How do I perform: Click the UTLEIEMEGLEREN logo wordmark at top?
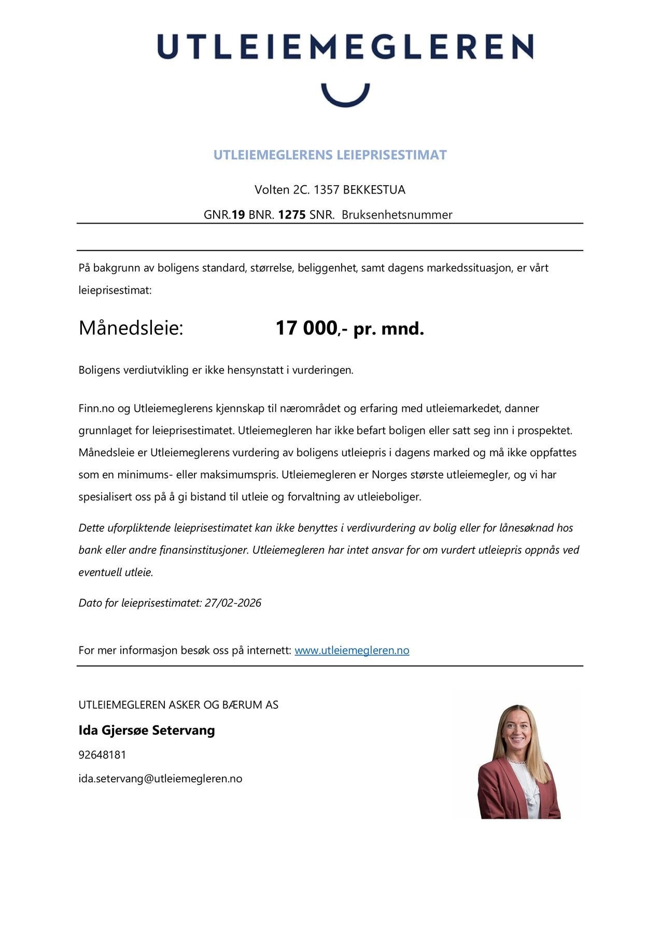[x=345, y=47]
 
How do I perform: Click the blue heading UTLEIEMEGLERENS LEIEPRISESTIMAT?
[x=330, y=155]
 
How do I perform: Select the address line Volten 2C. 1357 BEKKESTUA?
[x=330, y=189]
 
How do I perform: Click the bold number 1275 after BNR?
[x=292, y=215]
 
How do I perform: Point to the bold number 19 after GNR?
[x=238, y=215]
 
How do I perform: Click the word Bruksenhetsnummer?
[x=397, y=215]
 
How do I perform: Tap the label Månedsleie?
[x=131, y=328]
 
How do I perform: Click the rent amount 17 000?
[x=306, y=328]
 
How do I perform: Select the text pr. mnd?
[x=388, y=328]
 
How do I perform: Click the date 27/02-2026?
[x=233, y=602]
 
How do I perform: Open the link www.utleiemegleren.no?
[x=352, y=650]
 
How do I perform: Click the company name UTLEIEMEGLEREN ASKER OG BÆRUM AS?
[x=178, y=705]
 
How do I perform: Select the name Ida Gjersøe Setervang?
[x=147, y=730]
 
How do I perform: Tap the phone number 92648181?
[x=102, y=754]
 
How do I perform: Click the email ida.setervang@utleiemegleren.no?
[x=160, y=778]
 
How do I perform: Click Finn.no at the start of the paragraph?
[x=96, y=408]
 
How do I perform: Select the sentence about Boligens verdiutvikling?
[x=216, y=370]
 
